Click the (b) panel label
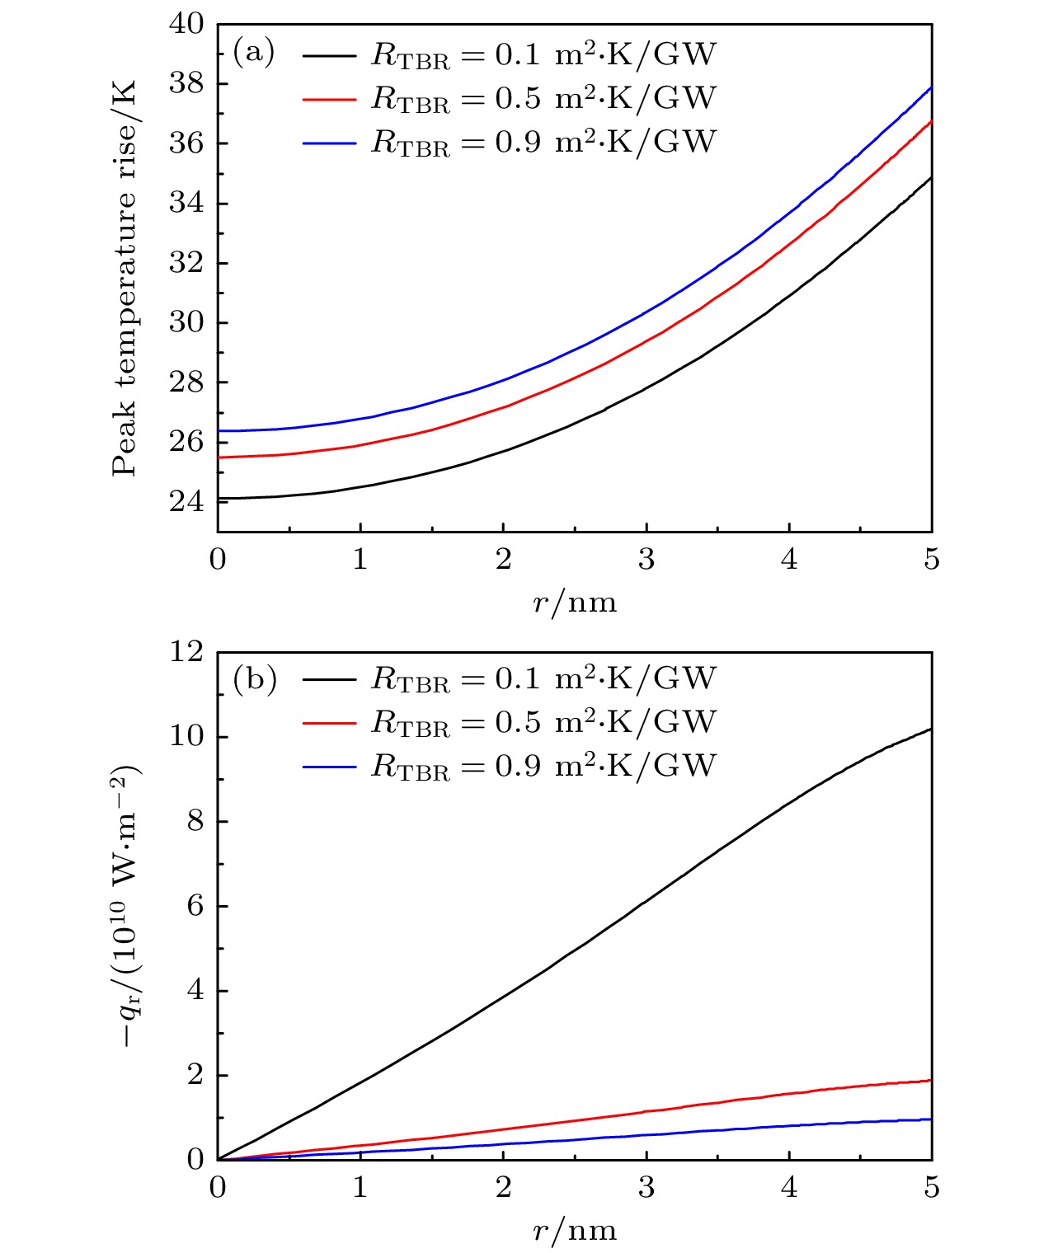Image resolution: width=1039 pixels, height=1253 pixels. pos(254,679)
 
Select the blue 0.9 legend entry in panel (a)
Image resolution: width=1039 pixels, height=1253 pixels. pos(510,143)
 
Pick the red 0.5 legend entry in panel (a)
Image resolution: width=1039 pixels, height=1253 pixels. pos(510,99)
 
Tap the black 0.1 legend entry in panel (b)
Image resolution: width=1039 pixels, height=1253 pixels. pos(510,679)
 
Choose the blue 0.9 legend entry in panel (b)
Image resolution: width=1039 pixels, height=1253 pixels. pos(510,767)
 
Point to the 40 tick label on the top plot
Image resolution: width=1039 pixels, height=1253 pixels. pos(186,24)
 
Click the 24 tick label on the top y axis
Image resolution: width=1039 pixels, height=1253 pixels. pos(186,501)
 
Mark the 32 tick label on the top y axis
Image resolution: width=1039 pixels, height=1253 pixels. pos(186,263)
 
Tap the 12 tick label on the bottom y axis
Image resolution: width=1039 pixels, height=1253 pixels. pos(186,652)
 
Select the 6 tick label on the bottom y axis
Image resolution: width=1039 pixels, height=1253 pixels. pos(195,906)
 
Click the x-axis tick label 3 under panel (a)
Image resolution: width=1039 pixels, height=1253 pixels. pos(646,560)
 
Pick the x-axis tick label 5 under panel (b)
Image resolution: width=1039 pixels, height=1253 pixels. pos(932,1188)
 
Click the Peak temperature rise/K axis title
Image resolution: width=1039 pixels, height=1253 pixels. pos(125,278)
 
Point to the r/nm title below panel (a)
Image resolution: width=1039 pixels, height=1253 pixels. pos(575,603)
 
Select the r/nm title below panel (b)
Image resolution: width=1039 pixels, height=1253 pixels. pos(575,1231)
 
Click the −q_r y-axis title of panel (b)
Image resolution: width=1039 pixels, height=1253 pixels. pos(125,906)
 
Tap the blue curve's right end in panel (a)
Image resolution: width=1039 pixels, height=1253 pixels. pos(931,87)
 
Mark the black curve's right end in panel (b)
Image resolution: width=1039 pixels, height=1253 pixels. pos(931,730)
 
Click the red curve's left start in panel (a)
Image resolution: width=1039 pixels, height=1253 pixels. pos(219,458)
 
